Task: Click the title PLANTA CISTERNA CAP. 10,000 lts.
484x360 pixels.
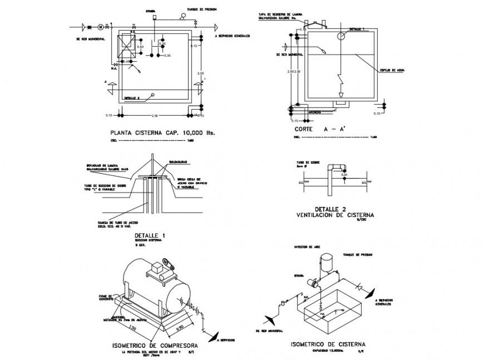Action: (162, 133)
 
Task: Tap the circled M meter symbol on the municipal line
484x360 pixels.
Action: (101, 26)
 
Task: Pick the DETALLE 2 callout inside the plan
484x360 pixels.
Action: (132, 97)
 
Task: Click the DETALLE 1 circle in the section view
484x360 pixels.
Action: (340, 35)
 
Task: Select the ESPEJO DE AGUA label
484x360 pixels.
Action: (392, 71)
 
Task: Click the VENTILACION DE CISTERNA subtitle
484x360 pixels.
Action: (335, 214)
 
